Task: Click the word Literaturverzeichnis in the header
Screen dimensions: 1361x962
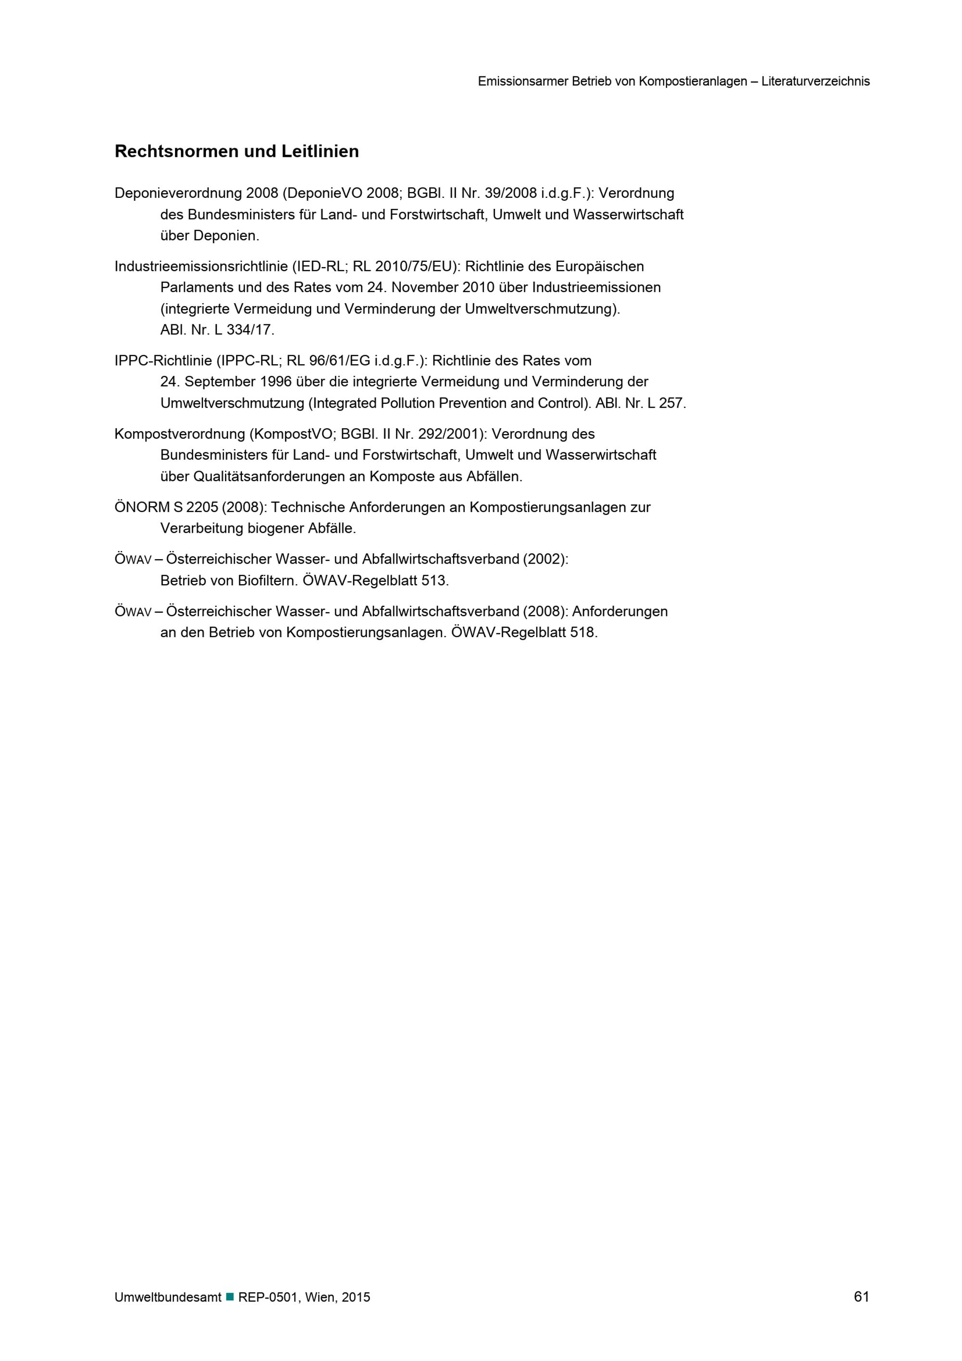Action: pos(815,82)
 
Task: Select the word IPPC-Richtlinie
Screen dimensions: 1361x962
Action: pos(163,361)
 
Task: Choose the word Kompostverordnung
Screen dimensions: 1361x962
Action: pos(179,435)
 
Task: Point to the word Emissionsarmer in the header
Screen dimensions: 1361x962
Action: pos(522,82)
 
